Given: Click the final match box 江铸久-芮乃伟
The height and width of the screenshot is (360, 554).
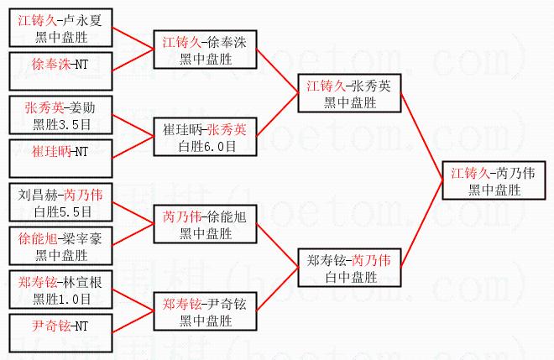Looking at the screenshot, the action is click(494, 181).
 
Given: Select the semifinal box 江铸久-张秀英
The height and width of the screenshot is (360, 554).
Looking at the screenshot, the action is click(349, 93).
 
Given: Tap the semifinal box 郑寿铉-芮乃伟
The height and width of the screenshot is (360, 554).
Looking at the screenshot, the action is click(349, 268).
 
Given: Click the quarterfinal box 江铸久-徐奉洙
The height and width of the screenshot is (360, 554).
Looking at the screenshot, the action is click(206, 50).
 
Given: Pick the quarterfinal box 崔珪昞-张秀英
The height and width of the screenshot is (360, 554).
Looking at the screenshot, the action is click(206, 137).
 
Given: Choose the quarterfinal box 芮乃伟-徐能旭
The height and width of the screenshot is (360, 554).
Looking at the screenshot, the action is click(206, 224).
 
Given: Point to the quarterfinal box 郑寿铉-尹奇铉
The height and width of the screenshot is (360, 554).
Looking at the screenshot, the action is click(206, 311).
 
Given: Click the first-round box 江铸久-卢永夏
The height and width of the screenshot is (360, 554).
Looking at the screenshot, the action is click(60, 28).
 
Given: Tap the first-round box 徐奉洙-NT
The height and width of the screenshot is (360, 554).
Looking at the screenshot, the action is click(60, 71).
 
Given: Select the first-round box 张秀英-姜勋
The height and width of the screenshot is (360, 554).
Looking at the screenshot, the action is click(60, 115).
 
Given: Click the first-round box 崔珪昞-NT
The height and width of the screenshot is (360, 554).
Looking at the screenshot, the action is click(60, 159).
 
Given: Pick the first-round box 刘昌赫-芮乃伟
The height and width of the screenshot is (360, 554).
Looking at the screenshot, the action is click(60, 202).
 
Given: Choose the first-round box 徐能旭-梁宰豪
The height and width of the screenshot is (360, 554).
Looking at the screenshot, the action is click(60, 246).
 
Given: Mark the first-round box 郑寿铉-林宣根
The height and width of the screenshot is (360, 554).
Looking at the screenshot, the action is click(60, 290).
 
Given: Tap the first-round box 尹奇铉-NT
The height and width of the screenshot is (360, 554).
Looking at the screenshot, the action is click(60, 333).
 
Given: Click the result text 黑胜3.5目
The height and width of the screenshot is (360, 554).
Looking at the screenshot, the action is click(62, 125).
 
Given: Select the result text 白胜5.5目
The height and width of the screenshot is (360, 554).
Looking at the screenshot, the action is click(63, 212).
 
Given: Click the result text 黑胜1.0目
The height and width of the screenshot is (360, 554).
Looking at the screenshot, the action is click(62, 300).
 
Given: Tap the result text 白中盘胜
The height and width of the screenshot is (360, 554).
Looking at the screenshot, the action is click(351, 277).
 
